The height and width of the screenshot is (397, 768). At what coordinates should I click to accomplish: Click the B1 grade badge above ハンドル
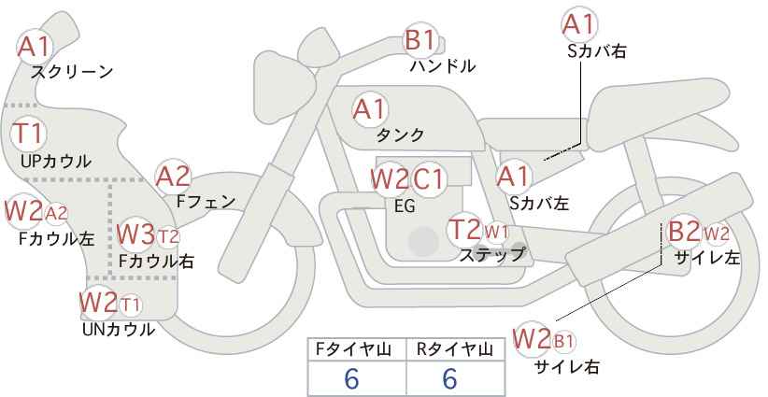[420, 40]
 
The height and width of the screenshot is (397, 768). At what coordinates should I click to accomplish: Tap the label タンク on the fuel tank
[400, 135]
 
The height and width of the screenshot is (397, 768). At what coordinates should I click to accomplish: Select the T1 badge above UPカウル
[29, 134]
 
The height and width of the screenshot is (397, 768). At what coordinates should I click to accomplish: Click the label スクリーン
[72, 72]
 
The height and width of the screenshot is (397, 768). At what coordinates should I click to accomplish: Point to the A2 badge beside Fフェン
[173, 177]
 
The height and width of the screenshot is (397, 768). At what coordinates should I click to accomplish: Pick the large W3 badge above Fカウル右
[136, 235]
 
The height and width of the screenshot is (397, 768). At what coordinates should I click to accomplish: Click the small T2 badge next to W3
[168, 237]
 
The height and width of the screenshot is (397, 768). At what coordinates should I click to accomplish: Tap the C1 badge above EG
[428, 179]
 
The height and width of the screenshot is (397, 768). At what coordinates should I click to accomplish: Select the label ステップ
[492, 255]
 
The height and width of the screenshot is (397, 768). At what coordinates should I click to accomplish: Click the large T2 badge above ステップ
[465, 229]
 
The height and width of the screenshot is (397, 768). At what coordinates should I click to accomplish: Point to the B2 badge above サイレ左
[685, 231]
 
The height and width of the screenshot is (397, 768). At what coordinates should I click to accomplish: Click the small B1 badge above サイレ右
[563, 341]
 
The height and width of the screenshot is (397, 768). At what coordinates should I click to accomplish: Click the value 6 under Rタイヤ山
[449, 378]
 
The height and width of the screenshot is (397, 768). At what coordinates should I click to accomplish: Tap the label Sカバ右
[597, 51]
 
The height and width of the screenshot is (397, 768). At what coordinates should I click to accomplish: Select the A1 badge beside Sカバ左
[513, 177]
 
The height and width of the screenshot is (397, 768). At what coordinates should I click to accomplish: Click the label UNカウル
[118, 330]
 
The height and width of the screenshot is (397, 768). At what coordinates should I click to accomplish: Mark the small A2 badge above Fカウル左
[56, 213]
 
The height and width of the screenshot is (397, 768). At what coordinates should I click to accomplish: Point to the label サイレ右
[567, 367]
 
